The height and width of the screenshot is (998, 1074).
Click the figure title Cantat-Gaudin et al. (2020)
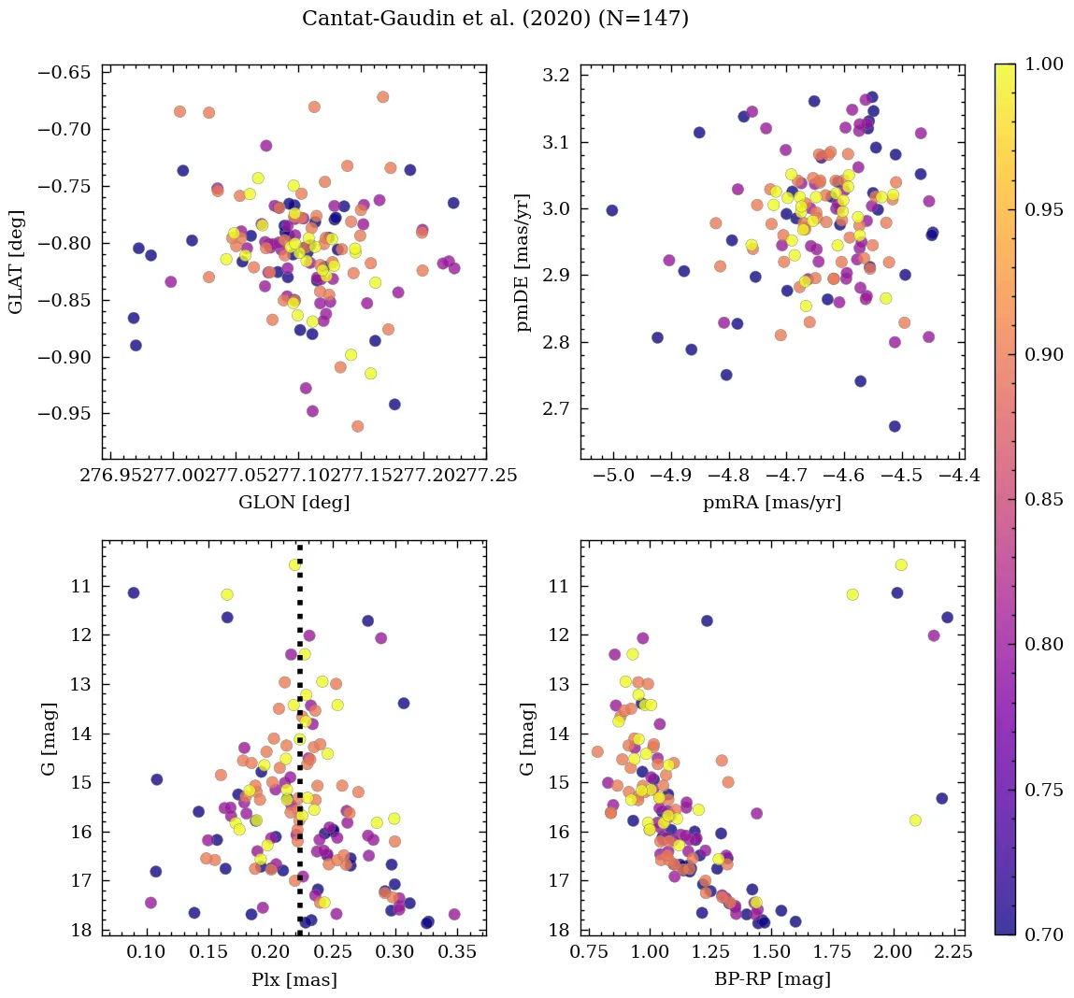[495, 19]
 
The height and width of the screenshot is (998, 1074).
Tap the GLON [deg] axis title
[294, 503]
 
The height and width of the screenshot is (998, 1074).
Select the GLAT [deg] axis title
[16, 262]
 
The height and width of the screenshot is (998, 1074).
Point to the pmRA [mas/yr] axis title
[771, 503]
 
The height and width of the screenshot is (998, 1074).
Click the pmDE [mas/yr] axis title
[523, 262]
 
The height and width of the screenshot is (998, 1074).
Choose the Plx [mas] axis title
[294, 980]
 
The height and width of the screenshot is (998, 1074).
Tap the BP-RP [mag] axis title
[771, 980]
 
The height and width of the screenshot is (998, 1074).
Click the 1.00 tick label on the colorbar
[1043, 64]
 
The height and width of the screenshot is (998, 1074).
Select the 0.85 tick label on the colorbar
[1043, 499]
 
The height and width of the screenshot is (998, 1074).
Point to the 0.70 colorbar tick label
[1043, 934]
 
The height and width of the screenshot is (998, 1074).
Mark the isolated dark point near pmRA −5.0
[612, 210]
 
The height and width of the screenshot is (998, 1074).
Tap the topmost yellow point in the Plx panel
[295, 564]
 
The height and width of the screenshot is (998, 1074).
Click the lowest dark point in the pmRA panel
[895, 426]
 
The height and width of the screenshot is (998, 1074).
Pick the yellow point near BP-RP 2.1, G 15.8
[915, 820]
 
